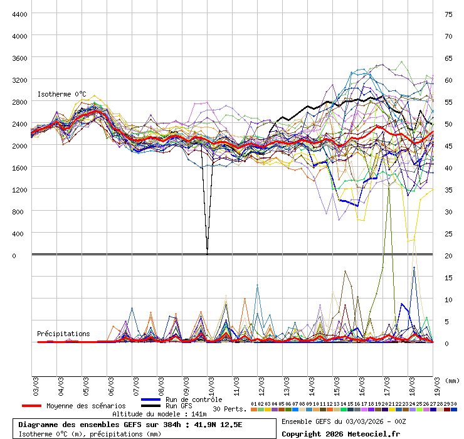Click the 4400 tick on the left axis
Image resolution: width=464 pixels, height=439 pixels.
point(19,14)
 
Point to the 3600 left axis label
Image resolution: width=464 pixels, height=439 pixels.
point(19,58)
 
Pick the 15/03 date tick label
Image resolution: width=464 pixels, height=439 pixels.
point(336,384)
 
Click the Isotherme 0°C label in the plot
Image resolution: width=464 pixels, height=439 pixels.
point(61,94)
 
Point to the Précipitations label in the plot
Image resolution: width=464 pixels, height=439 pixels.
point(63,334)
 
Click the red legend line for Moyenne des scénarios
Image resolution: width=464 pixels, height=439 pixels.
point(31,406)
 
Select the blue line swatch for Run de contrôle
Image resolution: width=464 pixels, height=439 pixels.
point(151,399)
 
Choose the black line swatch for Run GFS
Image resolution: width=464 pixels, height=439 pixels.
point(151,406)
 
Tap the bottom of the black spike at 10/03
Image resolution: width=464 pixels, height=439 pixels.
point(207,251)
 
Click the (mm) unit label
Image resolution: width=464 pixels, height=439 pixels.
point(451,380)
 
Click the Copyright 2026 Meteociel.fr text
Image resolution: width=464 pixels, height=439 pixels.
point(340,433)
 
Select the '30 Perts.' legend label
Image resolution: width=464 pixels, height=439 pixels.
point(229,409)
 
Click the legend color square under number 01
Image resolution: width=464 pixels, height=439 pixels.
point(253,410)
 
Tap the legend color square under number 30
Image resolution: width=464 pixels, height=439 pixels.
point(453,410)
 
